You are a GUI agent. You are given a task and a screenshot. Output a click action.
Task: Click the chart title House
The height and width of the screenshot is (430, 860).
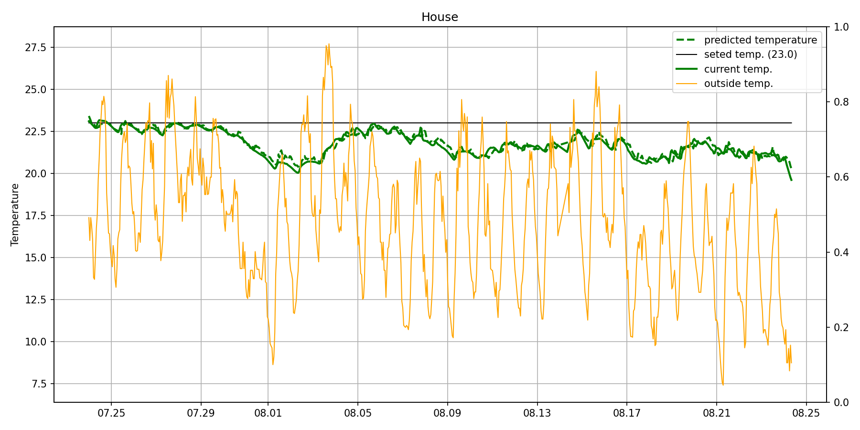440,17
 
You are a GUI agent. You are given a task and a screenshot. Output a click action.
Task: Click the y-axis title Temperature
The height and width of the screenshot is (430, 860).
15,215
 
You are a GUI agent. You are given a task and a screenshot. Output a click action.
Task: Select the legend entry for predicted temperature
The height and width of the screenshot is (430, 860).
760,40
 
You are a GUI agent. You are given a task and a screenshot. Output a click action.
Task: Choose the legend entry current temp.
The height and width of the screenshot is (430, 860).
738,69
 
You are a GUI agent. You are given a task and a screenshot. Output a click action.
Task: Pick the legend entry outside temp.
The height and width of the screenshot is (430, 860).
738,84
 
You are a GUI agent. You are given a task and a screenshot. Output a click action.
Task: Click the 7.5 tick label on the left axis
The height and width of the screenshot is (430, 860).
41,384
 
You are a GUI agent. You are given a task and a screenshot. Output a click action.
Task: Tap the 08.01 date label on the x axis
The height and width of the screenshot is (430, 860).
268,413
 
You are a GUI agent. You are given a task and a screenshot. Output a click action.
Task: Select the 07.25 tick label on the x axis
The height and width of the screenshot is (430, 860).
111,413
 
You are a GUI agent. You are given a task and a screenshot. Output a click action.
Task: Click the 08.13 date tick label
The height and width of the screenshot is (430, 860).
537,413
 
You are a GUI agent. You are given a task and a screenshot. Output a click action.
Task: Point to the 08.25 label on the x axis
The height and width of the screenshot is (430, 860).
806,413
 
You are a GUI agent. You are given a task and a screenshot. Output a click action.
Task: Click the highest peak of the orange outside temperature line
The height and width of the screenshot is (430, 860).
329,44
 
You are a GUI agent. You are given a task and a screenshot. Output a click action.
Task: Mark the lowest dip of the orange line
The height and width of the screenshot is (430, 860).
723,385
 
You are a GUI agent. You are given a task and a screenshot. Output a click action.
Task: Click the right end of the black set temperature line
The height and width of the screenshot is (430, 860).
791,123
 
